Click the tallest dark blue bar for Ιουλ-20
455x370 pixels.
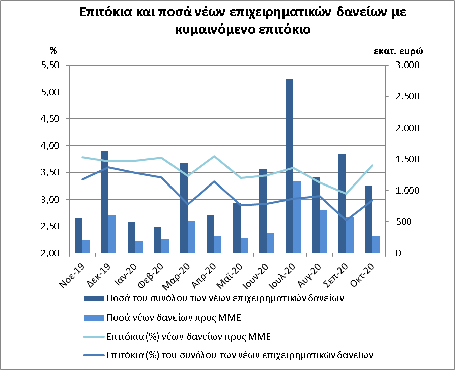289,166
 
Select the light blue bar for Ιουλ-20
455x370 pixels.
297,217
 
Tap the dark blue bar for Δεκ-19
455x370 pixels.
105,202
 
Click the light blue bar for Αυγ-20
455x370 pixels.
323,231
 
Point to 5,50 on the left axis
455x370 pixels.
50,66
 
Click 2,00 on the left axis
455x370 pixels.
50,253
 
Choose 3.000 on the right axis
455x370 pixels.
403,66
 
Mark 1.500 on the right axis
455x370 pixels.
403,159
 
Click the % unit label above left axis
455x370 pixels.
53,50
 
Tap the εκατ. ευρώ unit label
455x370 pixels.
398,51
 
